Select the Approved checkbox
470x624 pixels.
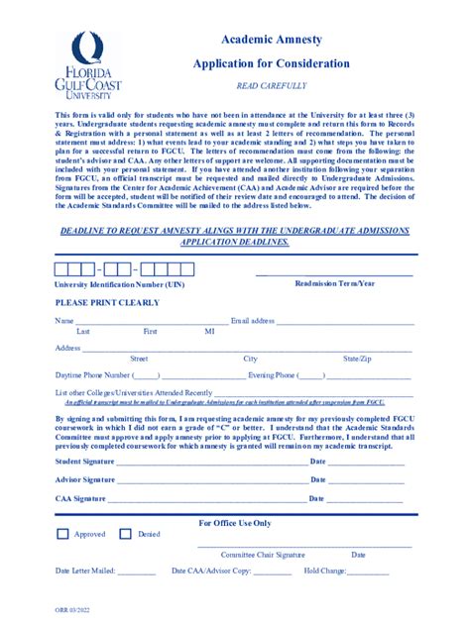tap(62, 535)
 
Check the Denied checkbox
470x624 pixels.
tap(126, 535)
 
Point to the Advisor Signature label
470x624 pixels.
tap(84, 479)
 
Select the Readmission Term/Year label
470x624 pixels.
tap(335, 283)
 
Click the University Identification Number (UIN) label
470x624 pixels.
tap(119, 284)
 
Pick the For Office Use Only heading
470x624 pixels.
tap(235, 522)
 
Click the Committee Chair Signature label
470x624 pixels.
tap(263, 555)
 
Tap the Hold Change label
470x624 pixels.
tap(325, 572)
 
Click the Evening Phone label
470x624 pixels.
tap(271, 375)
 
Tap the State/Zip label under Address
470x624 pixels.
tap(357, 358)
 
